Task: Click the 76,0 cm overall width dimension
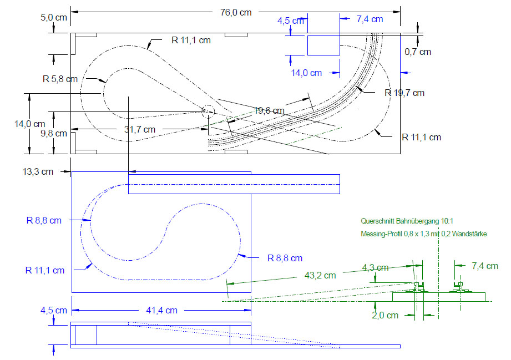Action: click(236, 12)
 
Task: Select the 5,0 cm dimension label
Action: click(54, 17)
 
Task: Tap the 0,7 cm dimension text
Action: click(418, 52)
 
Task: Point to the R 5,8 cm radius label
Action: click(60, 79)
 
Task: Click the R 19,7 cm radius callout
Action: click(404, 93)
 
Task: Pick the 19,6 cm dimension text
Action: click(269, 111)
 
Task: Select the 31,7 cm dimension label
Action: click(139, 129)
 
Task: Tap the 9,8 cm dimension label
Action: click(54, 133)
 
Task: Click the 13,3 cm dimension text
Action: click(38, 172)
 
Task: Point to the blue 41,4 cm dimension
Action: click(161, 310)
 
